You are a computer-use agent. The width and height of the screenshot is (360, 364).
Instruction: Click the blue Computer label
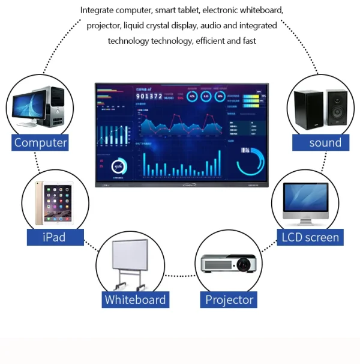pyautogui.click(x=40, y=143)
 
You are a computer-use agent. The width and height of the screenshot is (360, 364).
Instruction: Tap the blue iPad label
pyautogui.click(x=54, y=237)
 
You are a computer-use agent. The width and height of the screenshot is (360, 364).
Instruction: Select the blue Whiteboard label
pyautogui.click(x=135, y=299)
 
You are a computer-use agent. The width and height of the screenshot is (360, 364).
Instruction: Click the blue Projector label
pyautogui.click(x=229, y=299)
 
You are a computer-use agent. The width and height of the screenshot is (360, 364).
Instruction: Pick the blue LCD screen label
pyautogui.click(x=310, y=237)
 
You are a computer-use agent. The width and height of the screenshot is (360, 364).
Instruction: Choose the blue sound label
pyautogui.click(x=325, y=143)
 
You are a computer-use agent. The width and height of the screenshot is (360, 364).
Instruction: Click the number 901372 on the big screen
pyautogui.click(x=148, y=96)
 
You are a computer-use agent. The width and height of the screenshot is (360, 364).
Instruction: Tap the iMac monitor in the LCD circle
pyautogui.click(x=305, y=201)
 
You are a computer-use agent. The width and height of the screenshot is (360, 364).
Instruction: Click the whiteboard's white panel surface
pyautogui.click(x=130, y=255)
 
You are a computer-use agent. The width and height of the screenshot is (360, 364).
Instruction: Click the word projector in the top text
pyautogui.click(x=103, y=26)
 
